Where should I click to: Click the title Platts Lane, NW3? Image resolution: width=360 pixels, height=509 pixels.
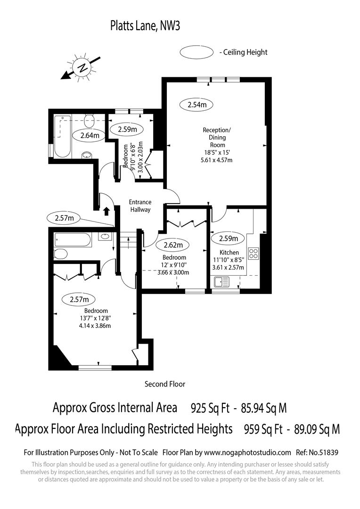click(145, 25)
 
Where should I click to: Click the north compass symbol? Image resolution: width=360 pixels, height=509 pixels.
click(83, 67)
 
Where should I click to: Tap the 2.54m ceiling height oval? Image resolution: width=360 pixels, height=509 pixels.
click(197, 105)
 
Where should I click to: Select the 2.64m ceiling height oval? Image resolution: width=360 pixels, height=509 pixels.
click(90, 136)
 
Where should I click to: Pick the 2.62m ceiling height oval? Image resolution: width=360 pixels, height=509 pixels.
click(173, 245)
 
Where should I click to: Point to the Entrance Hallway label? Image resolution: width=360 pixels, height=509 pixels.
click(140, 206)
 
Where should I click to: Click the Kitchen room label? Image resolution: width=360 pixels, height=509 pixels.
click(229, 253)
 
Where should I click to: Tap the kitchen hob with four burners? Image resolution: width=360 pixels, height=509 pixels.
click(253, 254)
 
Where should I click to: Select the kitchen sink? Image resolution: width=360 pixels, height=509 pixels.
click(221, 282)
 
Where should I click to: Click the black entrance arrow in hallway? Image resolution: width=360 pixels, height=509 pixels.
click(106, 211)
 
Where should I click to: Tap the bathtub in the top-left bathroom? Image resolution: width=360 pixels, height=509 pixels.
click(62, 137)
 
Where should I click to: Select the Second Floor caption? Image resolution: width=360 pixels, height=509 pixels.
click(165, 384)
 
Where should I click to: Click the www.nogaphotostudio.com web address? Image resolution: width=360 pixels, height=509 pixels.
click(247, 452)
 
